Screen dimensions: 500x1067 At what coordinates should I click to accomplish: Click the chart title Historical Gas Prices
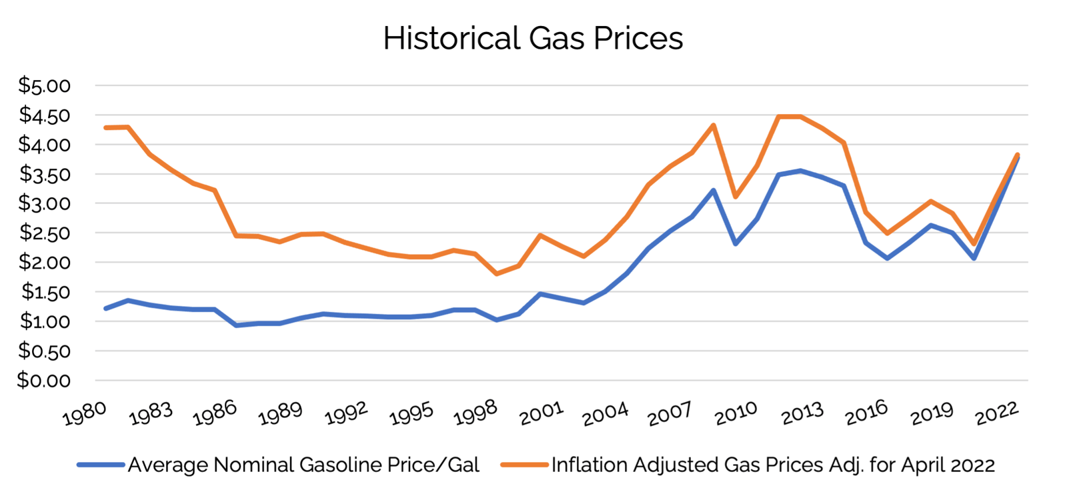(x=533, y=38)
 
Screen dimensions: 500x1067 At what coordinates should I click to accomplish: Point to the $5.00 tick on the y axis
(x=44, y=85)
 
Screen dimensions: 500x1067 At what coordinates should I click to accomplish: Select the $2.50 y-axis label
(x=44, y=233)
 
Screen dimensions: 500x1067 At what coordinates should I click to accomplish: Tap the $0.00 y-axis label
(x=44, y=380)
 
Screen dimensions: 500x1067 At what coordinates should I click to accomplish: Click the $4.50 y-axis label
(x=44, y=115)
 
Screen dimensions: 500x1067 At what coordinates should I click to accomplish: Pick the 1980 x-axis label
(x=84, y=414)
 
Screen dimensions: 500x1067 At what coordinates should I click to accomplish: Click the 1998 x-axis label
(x=475, y=414)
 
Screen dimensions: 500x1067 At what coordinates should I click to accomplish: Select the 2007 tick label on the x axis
(x=670, y=414)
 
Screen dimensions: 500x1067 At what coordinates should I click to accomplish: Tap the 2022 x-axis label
(x=997, y=414)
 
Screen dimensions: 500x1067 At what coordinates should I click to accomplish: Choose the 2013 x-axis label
(x=802, y=414)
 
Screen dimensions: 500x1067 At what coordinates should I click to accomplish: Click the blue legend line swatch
(x=100, y=465)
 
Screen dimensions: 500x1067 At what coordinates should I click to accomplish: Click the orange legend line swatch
(x=524, y=465)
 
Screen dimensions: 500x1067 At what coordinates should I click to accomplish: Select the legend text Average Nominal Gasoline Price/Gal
(x=303, y=465)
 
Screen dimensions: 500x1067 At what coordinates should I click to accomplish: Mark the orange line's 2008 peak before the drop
(x=714, y=125)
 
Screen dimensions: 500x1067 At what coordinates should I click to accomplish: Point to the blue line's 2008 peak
(x=714, y=191)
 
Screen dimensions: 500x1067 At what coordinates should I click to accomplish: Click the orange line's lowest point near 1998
(x=497, y=273)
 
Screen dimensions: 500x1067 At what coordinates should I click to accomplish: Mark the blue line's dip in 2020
(x=974, y=258)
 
